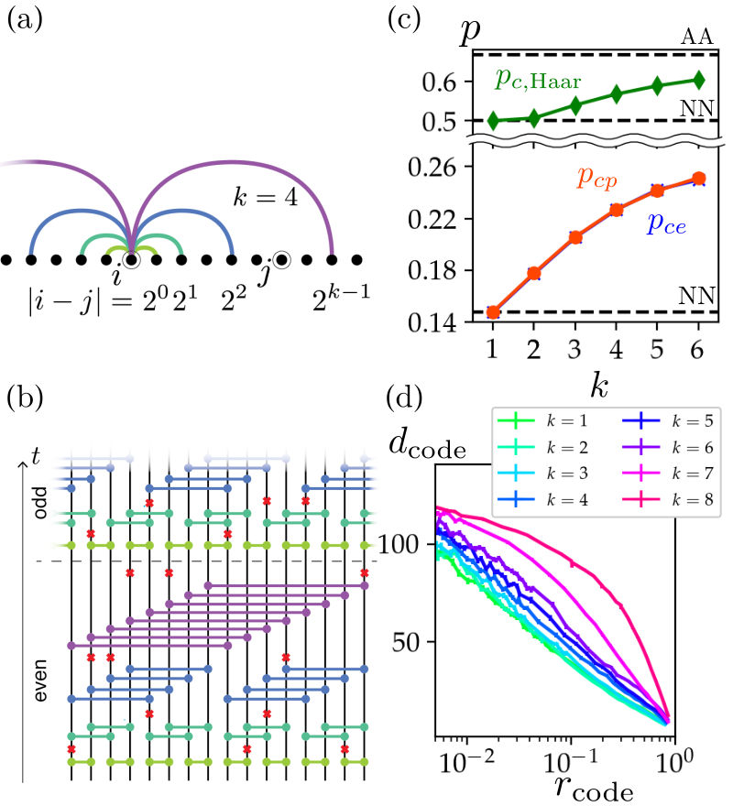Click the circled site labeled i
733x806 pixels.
click(132, 261)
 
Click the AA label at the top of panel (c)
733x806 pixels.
click(697, 37)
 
